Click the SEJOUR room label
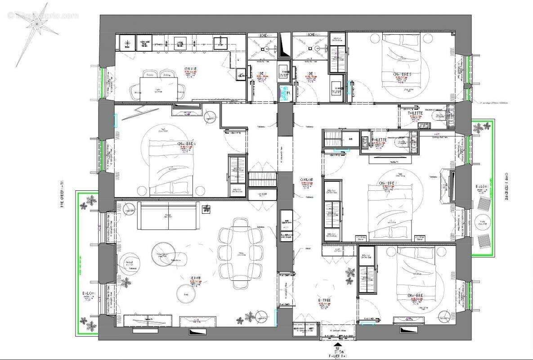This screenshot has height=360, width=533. click(195, 278)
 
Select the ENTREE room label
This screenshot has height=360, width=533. click(325, 301)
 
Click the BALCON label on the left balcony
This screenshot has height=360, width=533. click(89, 294)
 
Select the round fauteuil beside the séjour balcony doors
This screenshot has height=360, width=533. click(130, 262)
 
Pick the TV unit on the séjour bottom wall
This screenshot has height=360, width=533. click(147, 320)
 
